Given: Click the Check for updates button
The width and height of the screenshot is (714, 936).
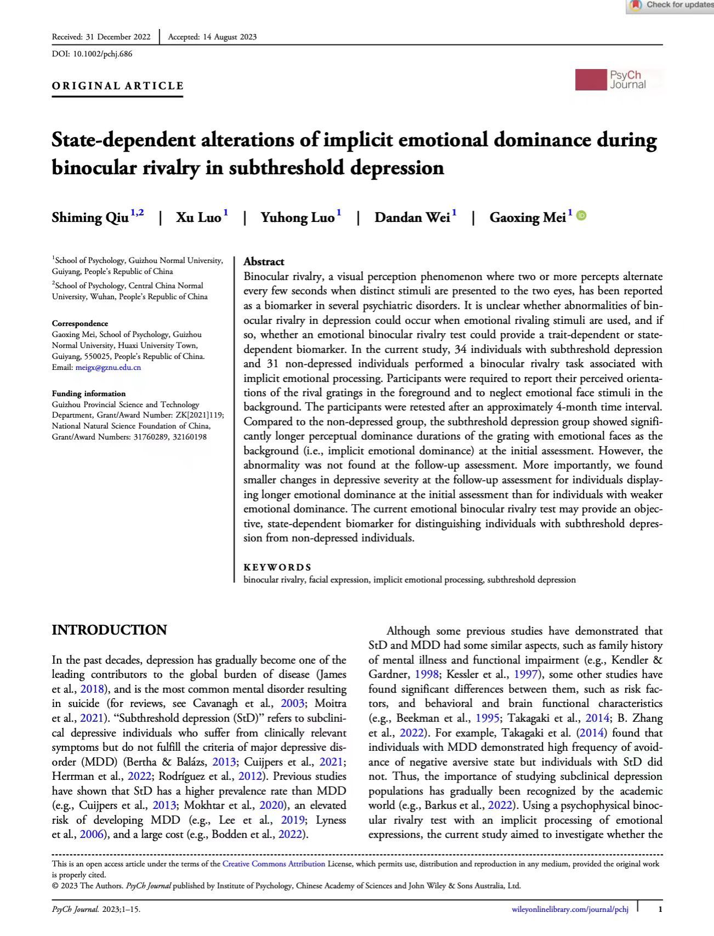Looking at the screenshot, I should pos(672,5).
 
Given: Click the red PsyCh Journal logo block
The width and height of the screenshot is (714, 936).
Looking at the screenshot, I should pos(591,80).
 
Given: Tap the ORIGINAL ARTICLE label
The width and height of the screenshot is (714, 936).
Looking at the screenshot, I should pos(118,86).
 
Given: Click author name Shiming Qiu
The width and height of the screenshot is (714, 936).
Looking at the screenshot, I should pos(90,218).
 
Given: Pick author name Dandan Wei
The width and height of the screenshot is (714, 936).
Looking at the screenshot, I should pos(412,218).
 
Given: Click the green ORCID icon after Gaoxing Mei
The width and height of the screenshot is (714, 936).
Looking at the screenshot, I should pos(582,216).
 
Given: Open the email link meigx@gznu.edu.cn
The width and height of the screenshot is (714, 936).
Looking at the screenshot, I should pos(108,367).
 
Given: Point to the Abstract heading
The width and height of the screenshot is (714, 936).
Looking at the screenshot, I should pos(264,261).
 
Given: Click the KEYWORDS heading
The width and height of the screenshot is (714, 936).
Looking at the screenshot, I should pos(277,567).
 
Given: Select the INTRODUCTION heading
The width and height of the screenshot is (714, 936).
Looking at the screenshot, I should pos(109,630).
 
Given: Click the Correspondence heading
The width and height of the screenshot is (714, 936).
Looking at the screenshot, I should pos(80,323).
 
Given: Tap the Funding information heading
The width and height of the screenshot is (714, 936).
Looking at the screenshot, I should pos(89,393).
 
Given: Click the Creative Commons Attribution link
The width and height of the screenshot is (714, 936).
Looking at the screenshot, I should pos(274,864).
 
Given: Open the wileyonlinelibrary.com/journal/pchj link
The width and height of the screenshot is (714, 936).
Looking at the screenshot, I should pos(570,910).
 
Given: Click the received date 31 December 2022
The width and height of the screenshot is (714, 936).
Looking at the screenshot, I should pos(118,37).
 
